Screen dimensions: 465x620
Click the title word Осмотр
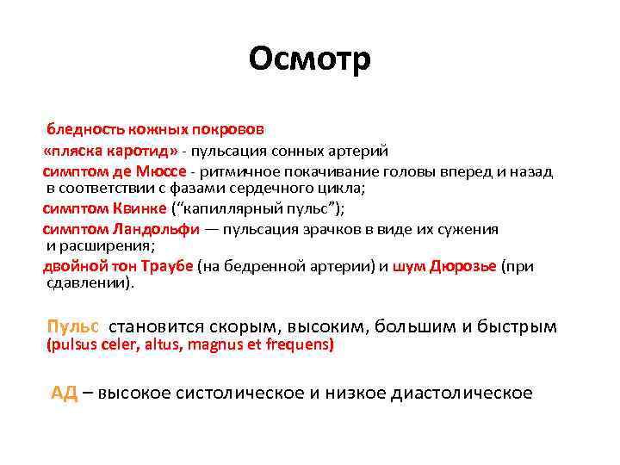(310, 59)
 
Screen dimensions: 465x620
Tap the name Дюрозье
(463, 267)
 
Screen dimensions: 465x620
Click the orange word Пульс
(73, 326)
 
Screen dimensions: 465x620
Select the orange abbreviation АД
(65, 394)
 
